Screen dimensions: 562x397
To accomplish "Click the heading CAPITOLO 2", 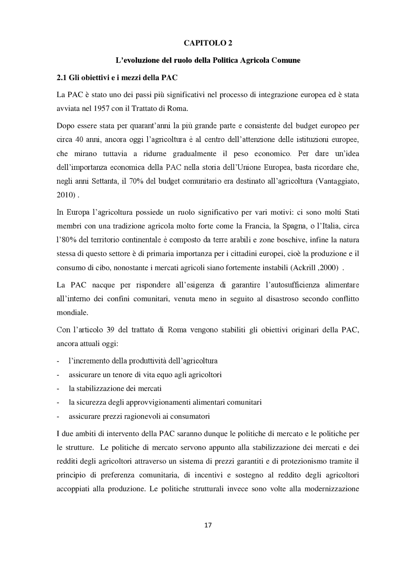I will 207,43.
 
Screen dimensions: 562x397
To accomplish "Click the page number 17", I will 208,525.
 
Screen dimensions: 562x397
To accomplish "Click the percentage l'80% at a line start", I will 66,240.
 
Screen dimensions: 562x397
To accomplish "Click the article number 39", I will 111,330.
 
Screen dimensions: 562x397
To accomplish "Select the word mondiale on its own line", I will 72,312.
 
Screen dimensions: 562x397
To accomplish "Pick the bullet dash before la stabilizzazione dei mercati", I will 58,389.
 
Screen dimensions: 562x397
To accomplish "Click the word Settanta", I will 104,181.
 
